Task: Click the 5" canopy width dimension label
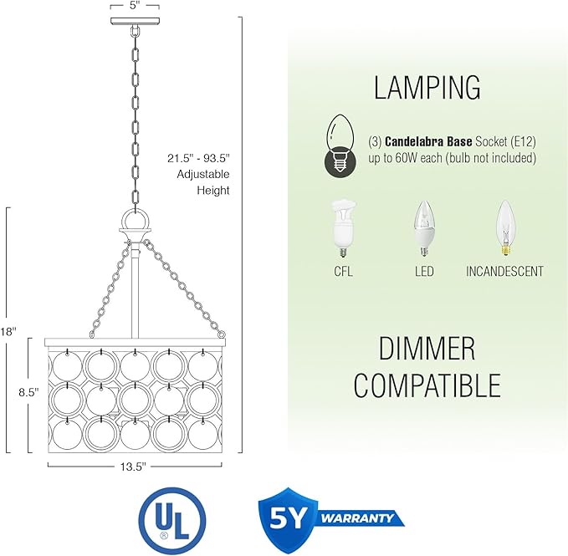(135, 6)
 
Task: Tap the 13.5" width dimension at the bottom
(133, 467)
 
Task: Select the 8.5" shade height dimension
(28, 392)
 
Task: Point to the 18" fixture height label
(8, 332)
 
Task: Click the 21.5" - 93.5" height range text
(198, 158)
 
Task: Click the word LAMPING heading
(427, 88)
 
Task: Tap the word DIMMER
(427, 348)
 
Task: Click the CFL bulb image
(343, 228)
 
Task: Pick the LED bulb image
(424, 228)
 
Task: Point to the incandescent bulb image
(506, 228)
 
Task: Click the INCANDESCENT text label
(504, 272)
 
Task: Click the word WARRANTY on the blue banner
(357, 518)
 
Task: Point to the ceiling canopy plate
(136, 21)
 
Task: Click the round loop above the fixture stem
(135, 219)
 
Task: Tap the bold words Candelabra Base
(428, 141)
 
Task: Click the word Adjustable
(203, 174)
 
